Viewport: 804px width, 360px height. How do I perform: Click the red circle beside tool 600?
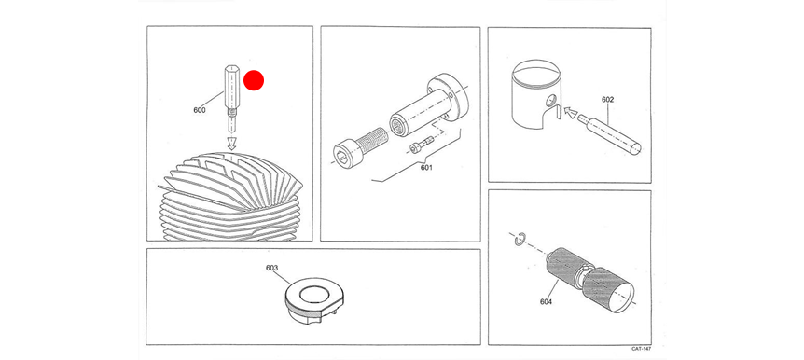point(254,80)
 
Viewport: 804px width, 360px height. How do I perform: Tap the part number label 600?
point(200,110)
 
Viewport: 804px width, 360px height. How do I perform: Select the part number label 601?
point(426,167)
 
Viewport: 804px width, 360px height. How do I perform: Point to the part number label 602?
point(607,100)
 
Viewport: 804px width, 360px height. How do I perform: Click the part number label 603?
point(271,268)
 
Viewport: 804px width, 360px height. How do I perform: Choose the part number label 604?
point(546,301)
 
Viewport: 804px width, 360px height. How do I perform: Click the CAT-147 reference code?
point(641,349)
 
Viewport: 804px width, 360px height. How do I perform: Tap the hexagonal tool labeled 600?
point(231,97)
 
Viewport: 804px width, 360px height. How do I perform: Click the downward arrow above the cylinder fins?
point(231,143)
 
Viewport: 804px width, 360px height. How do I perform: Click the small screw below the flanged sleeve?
point(421,145)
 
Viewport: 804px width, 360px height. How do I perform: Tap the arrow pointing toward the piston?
point(570,112)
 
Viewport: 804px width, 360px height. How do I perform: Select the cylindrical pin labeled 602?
point(609,133)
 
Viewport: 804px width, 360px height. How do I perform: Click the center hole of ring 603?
point(312,295)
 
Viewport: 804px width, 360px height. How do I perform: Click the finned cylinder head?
point(230,195)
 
